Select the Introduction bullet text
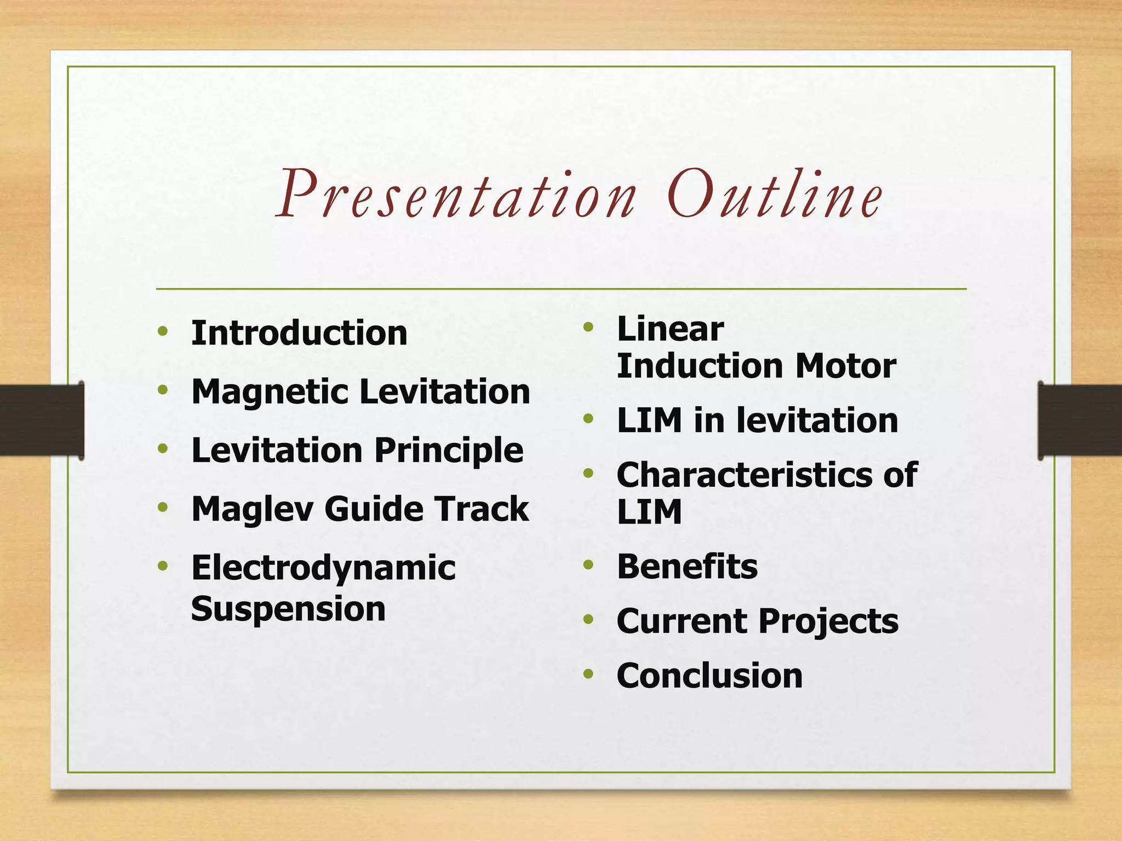click(x=299, y=333)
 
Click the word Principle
click(x=449, y=451)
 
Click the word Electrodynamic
click(x=323, y=568)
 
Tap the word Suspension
click(x=288, y=609)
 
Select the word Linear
click(x=670, y=329)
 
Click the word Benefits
click(x=687, y=566)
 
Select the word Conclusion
click(x=709, y=676)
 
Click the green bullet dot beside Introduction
click(x=162, y=331)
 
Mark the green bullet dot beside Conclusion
click(x=588, y=673)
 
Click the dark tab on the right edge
click(x=1079, y=420)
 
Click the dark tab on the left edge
click(x=42, y=420)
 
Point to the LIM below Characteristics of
click(x=649, y=512)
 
